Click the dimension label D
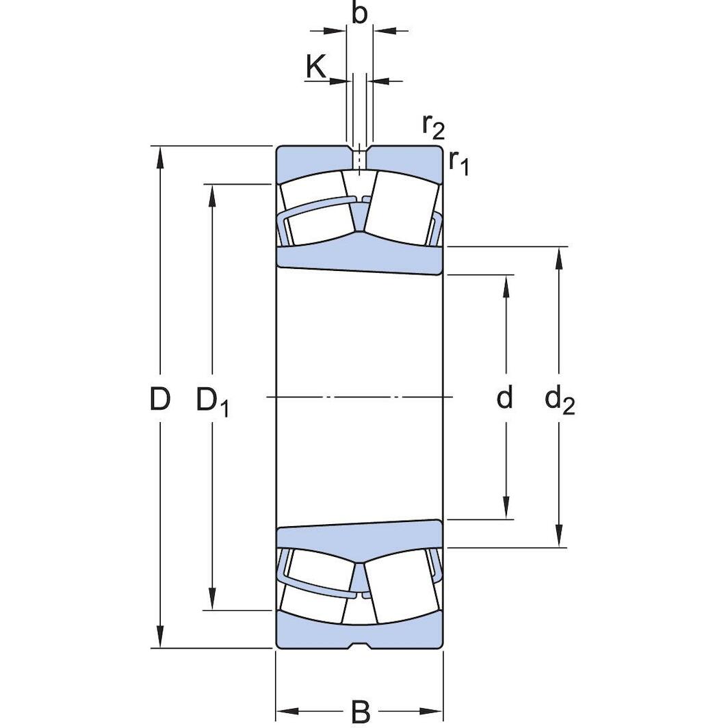click(x=159, y=399)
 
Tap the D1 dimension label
click(x=213, y=401)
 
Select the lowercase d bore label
click(x=505, y=397)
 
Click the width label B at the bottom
click(x=361, y=711)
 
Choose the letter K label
click(x=316, y=66)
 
